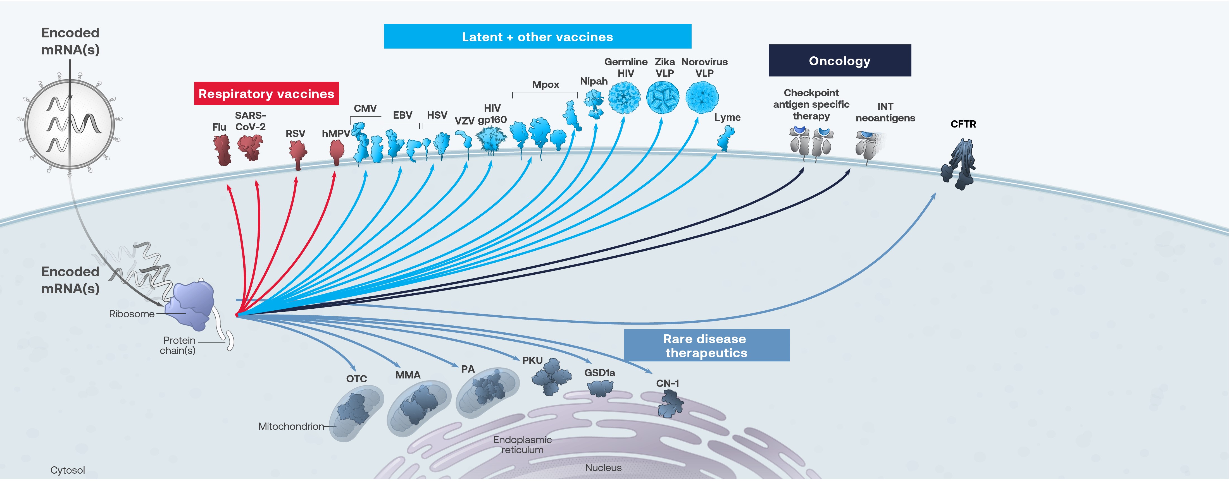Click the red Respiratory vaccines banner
click(266, 93)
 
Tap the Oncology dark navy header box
click(839, 61)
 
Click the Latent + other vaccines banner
click(537, 37)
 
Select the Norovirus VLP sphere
click(702, 97)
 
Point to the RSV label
click(295, 133)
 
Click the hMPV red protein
click(337, 152)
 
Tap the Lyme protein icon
click(726, 139)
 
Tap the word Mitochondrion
click(290, 426)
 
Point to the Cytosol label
click(68, 470)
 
